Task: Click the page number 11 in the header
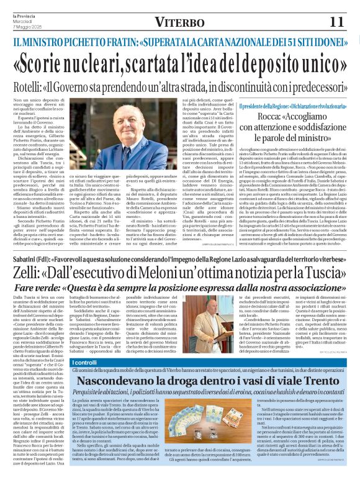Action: pos(336,22)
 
